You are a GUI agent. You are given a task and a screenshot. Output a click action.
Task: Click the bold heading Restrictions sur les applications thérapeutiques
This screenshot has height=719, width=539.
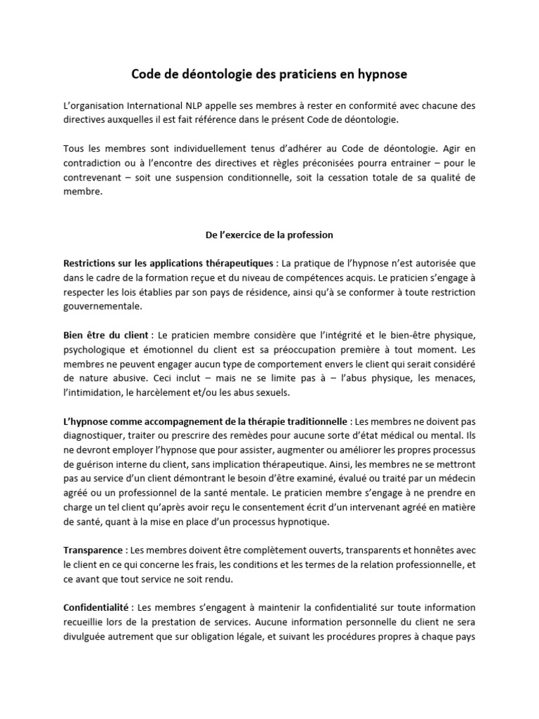pos(168,263)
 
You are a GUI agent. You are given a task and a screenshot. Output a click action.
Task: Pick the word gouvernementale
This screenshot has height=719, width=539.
pos(102,306)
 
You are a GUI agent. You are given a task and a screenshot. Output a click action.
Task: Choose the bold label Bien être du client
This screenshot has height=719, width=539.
pos(105,336)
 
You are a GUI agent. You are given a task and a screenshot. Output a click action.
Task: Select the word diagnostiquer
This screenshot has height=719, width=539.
pos(94,437)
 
